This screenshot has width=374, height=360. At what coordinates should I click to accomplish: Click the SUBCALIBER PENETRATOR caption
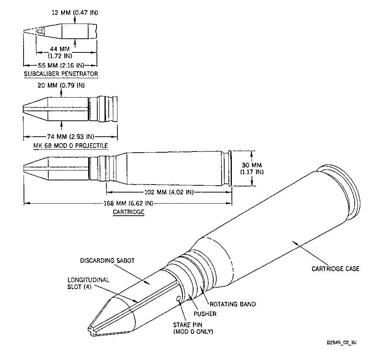61,74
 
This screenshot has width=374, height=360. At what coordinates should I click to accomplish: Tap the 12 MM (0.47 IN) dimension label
75,13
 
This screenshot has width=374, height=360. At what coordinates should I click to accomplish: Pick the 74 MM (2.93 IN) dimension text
70,137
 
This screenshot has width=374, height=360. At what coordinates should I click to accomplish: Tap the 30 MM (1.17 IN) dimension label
251,168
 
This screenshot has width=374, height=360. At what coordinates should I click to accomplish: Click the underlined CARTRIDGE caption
128,212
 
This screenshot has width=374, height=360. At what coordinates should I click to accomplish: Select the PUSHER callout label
205,314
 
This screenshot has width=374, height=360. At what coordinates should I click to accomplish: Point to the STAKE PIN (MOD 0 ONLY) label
193,328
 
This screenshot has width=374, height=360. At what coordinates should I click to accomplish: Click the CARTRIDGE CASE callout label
336,269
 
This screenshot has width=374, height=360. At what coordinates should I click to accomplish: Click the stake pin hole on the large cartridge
178,299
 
